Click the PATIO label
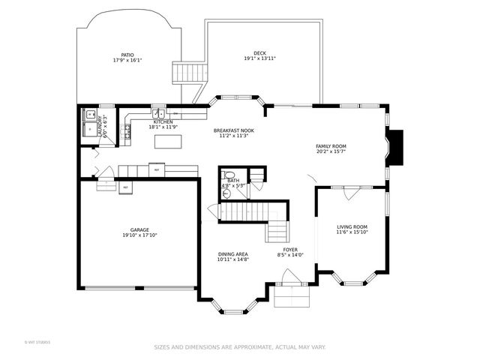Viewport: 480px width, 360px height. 127,55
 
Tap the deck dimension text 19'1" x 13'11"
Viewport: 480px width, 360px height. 259,59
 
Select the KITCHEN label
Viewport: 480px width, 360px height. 163,121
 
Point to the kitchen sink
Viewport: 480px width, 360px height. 158,114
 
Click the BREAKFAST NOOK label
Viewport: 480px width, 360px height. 233,130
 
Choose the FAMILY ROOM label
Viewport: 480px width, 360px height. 330,145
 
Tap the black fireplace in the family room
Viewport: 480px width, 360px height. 394,148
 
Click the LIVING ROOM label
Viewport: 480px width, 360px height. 351,226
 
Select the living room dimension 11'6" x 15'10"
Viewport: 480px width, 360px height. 351,232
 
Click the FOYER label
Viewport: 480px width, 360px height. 290,249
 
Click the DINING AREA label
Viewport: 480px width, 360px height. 232,253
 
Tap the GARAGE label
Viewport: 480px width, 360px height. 139,229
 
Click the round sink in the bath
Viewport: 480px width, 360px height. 225,193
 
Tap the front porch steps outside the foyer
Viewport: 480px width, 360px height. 292,298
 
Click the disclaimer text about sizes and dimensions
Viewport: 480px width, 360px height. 240,347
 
